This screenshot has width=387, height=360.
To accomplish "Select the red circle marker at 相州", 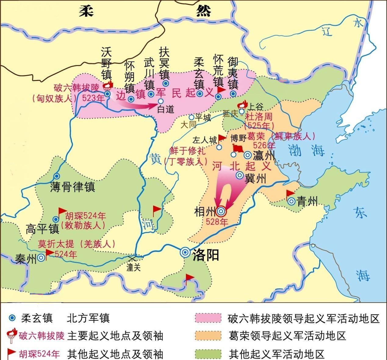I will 221,211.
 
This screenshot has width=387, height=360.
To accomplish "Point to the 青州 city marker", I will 291,201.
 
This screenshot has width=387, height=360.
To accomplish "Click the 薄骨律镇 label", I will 73,187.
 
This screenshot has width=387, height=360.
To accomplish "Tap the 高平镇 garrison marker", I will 56,219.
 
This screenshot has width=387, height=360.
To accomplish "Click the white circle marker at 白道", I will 160,101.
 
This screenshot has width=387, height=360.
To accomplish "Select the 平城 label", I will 203,117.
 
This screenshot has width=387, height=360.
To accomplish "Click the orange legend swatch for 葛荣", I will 208,336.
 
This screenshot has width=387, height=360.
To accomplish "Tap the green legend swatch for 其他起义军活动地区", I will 208,353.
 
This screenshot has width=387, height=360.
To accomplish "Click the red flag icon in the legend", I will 12,353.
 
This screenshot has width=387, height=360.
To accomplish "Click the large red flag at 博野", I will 238,149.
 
